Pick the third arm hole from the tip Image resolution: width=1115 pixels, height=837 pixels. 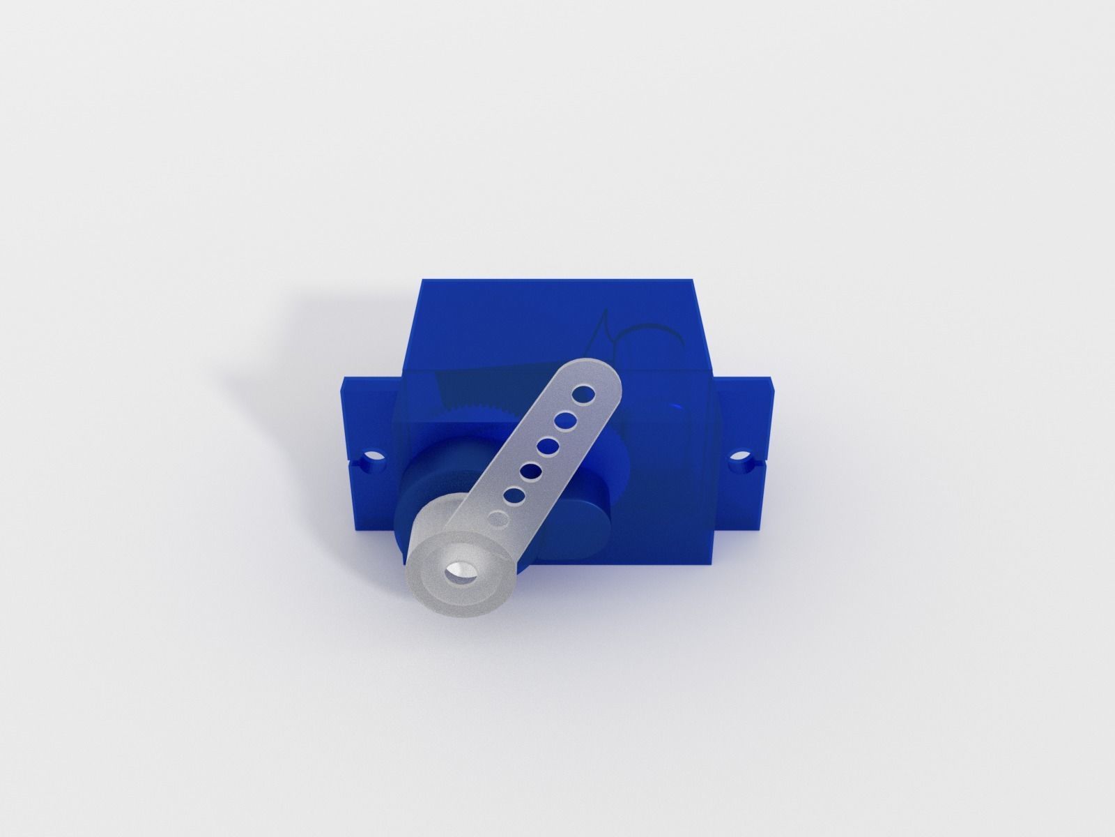pos(551,445)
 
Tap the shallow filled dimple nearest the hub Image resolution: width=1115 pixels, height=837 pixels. pos(497,519)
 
